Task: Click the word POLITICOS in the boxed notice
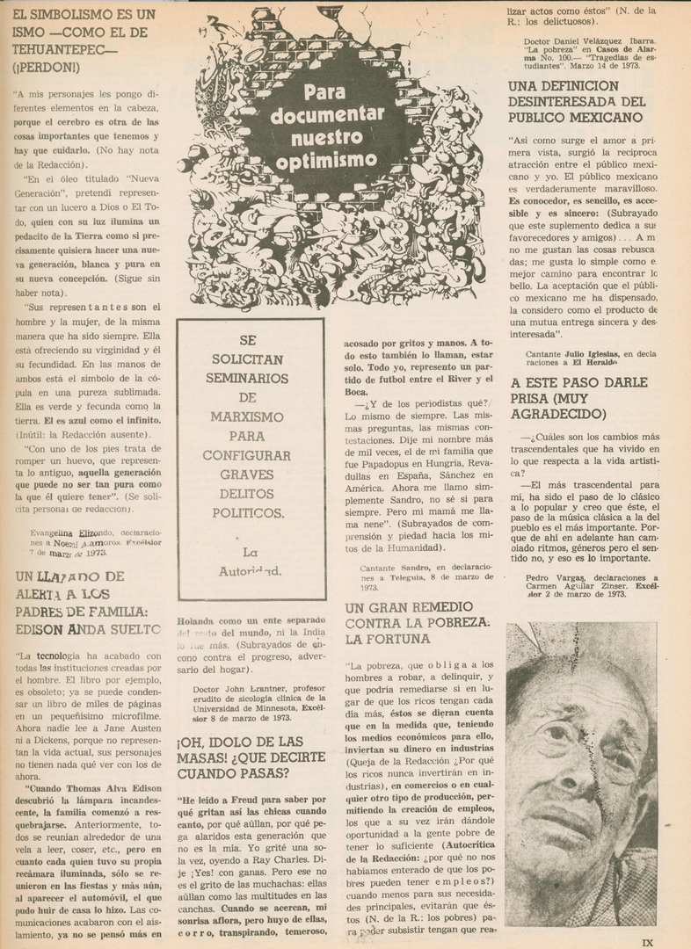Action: click(248, 512)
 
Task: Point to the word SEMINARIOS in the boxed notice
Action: click(247, 378)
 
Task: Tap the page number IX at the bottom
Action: click(647, 942)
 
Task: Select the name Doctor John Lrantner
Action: click(242, 689)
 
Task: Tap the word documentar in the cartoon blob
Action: click(326, 114)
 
